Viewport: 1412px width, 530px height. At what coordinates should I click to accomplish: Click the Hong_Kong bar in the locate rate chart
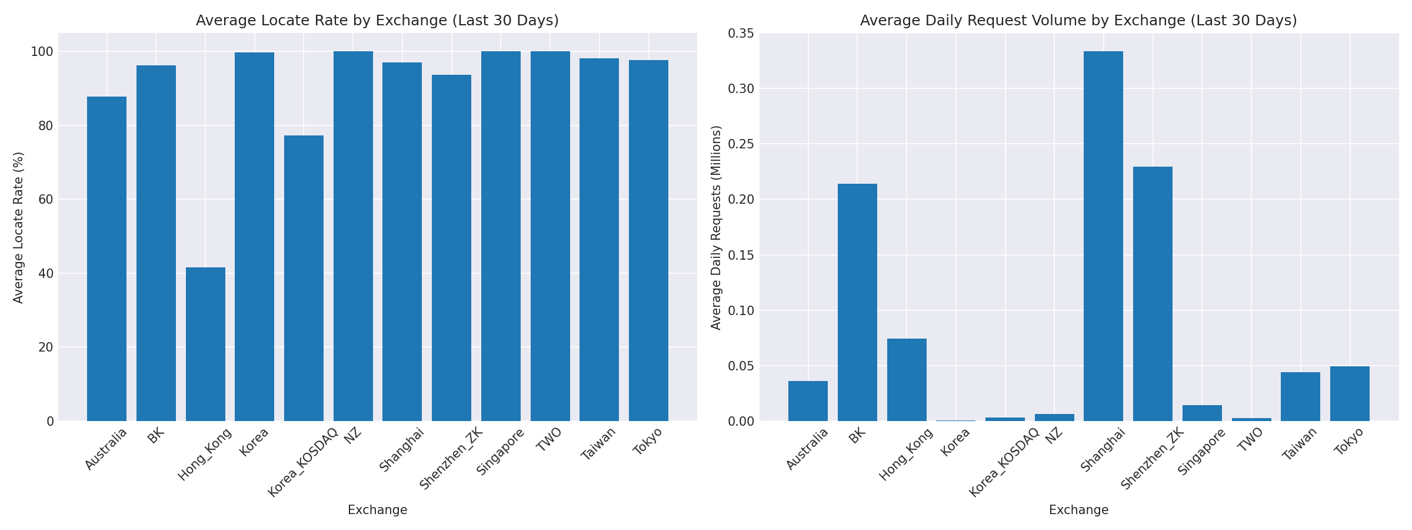205,344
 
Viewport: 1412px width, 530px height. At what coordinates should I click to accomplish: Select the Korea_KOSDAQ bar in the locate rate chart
304,279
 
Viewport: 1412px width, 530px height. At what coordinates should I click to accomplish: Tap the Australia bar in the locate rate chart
106,259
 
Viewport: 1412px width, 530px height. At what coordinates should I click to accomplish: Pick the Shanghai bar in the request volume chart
1103,236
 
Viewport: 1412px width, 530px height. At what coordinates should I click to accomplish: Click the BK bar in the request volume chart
857,302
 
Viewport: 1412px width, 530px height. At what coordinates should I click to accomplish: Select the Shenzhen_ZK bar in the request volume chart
1153,294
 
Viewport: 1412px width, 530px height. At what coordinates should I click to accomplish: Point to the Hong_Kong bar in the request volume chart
907,380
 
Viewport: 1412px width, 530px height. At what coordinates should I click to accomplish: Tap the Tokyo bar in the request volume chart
1350,393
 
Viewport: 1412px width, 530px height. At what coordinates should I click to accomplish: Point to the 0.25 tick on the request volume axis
741,144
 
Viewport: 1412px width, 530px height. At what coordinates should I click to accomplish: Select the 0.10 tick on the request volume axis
741,311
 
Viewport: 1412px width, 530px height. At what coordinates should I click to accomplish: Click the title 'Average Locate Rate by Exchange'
377,21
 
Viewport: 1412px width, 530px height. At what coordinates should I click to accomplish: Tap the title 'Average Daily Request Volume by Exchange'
1078,21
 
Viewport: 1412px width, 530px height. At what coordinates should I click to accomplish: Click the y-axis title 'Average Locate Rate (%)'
18,227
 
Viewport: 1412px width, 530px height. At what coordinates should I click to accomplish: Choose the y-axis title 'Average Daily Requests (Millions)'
716,227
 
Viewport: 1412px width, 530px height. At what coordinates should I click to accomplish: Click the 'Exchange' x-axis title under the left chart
377,510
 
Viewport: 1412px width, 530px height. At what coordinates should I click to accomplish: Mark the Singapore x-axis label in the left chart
501,452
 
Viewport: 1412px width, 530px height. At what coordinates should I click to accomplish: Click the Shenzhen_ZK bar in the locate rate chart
451,247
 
